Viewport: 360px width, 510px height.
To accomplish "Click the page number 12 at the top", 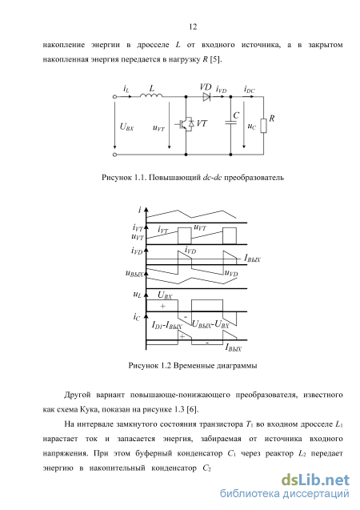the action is (193, 26).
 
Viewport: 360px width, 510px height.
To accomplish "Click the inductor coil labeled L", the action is (151, 95).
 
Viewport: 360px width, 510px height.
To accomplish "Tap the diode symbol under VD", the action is (206, 97).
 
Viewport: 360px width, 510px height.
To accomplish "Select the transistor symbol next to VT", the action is (185, 124).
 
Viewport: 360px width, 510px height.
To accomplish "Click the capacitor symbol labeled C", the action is (230, 122).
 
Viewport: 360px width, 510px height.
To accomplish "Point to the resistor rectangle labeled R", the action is (263, 126).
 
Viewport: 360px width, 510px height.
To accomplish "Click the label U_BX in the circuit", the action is (126, 126).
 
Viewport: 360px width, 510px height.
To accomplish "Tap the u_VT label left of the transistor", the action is (158, 127).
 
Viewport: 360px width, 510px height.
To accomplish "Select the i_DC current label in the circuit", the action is (250, 90).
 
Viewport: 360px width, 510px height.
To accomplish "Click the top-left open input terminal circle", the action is (114, 97).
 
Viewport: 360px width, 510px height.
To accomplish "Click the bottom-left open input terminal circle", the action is (114, 155).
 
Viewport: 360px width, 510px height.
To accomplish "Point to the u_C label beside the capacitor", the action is (251, 126).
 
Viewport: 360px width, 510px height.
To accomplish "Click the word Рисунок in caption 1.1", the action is (116, 178).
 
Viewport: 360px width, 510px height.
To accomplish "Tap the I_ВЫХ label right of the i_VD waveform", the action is (252, 259).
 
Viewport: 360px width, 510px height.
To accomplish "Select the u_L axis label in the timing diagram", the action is (137, 295).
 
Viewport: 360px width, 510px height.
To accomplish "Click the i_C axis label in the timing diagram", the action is (137, 316).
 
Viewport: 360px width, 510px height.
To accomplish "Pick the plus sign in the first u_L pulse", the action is (162, 306).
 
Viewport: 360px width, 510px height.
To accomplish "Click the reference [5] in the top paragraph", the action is (215, 60).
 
